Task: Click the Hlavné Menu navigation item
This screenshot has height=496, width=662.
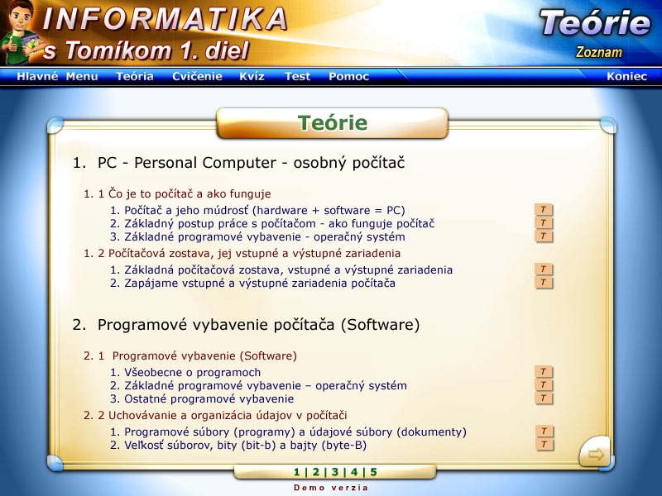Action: coord(57,76)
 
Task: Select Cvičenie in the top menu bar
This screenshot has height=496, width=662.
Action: coord(197,76)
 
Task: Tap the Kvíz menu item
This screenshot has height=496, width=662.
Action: coord(252,76)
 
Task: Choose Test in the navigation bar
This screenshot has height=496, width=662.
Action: coord(297,76)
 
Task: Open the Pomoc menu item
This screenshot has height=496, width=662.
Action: coord(348,76)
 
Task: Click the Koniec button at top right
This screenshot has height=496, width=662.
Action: coord(626,76)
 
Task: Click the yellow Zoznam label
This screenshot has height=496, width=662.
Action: coord(598,52)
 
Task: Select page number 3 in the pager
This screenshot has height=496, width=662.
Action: coord(335,472)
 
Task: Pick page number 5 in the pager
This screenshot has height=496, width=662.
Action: coord(373,472)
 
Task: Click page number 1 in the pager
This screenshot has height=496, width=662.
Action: coord(297,472)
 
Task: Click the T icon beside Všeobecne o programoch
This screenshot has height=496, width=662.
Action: coord(544,371)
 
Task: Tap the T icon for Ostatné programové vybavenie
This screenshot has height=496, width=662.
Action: coord(544,398)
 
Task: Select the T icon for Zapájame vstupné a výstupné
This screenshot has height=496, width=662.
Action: coord(544,282)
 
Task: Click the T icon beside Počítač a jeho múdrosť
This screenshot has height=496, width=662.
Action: coord(544,210)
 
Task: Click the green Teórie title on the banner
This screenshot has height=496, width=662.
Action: coord(333,122)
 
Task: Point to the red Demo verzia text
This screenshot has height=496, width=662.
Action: coord(331,488)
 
